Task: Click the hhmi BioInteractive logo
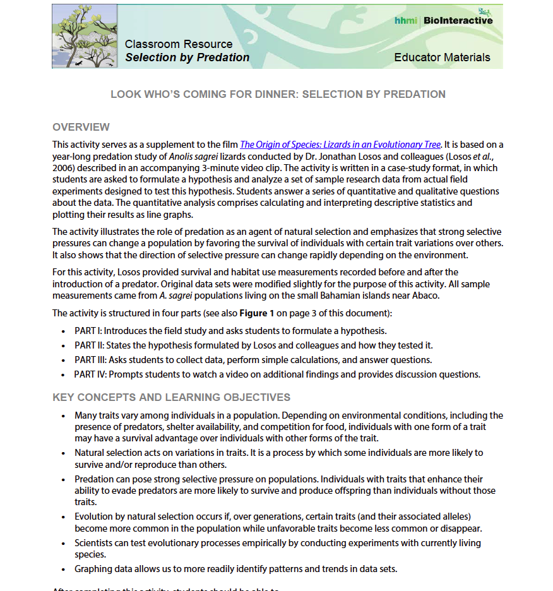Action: (x=443, y=20)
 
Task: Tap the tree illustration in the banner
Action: (x=85, y=36)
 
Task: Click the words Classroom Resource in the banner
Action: (x=179, y=44)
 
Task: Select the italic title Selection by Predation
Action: (x=187, y=57)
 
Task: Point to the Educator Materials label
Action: (x=442, y=57)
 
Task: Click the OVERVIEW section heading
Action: (x=81, y=127)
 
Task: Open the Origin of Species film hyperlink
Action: (x=340, y=145)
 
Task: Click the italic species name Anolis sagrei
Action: (x=191, y=157)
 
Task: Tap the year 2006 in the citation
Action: (x=64, y=168)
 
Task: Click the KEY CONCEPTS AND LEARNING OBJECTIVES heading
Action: (x=171, y=397)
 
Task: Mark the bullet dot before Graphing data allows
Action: (x=63, y=569)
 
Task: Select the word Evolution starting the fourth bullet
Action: (x=95, y=516)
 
